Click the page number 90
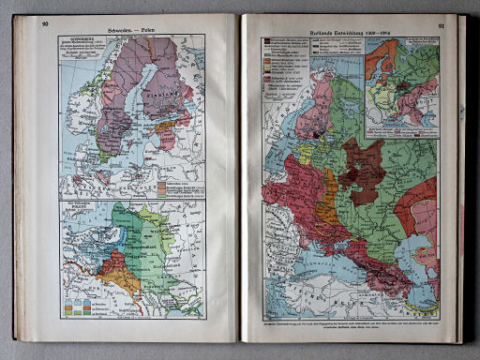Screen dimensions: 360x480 [x=43, y=24]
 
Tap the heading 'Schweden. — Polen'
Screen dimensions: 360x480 [x=132, y=26]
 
